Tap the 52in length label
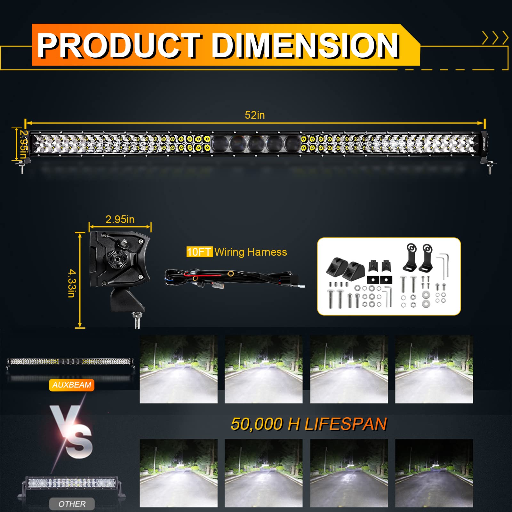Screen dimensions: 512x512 pos(255,115)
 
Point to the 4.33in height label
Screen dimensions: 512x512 pos(72,283)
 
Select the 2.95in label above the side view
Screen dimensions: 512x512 pos(120,219)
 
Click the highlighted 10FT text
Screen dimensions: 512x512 pos(199,252)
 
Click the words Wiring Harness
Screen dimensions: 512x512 pos(251,252)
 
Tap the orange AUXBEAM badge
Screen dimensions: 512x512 pos(72,385)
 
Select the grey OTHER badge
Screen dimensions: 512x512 pos(72,504)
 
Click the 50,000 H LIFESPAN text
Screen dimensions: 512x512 pos(309,424)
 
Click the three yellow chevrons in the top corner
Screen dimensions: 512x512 pos(495,38)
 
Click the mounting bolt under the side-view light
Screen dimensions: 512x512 pos(137,320)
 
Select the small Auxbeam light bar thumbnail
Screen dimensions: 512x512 pos(70,362)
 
